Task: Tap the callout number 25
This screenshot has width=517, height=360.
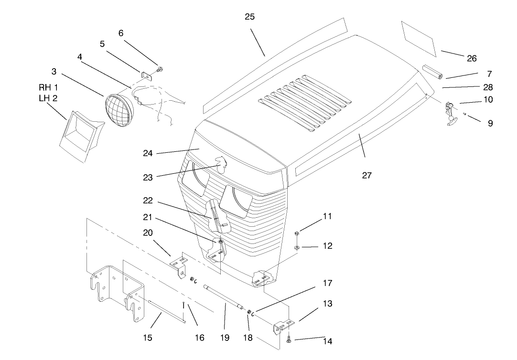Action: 249,17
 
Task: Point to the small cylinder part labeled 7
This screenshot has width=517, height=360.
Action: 432,73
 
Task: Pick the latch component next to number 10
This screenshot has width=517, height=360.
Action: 450,113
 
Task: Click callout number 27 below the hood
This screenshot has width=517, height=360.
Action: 366,175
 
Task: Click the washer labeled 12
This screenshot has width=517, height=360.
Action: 297,248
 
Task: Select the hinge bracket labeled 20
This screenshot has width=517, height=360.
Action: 180,265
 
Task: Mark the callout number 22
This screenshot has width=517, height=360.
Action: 148,201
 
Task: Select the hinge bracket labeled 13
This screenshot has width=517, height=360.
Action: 283,326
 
